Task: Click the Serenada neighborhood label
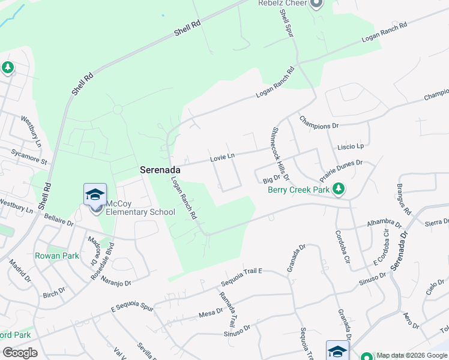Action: click(x=160, y=170)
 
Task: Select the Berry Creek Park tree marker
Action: click(x=339, y=190)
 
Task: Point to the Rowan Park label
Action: click(x=57, y=255)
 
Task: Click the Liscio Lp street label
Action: click(x=351, y=146)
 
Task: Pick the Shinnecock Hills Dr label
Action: click(x=280, y=154)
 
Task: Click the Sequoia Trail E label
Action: click(x=242, y=276)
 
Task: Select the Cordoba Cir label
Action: click(x=342, y=247)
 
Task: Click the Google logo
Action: click(x=19, y=352)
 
